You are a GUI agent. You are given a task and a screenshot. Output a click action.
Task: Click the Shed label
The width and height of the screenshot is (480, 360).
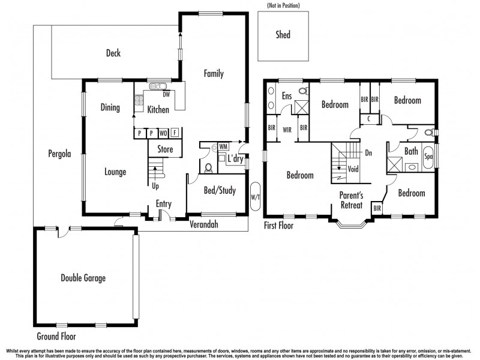pos(283,35)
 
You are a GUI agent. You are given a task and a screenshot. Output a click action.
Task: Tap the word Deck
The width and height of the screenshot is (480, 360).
pos(113,53)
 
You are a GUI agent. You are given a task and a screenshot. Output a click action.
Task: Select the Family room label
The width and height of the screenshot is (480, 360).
pos(214,74)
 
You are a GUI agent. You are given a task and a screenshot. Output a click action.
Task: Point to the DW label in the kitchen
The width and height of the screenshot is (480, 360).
pos(166,94)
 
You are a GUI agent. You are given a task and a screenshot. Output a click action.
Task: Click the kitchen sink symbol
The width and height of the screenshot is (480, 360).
pos(158,86)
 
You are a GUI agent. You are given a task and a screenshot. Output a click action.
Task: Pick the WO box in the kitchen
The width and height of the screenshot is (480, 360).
pos(163,133)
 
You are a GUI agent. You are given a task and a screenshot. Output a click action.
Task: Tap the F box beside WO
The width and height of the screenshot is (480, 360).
pos(175,133)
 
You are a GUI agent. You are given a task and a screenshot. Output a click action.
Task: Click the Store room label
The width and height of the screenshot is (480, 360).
pos(165,149)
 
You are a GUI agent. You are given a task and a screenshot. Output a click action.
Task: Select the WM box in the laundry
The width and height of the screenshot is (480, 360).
pos(223,146)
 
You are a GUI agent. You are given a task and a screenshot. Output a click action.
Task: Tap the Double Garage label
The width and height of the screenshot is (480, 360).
pos(83,278)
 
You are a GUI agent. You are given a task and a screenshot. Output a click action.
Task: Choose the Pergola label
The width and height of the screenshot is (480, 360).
pos(59,154)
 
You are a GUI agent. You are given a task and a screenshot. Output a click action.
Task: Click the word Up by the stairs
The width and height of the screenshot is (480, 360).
pos(156,185)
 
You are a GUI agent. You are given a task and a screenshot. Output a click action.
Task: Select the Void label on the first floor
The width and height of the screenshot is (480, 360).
pos(353,169)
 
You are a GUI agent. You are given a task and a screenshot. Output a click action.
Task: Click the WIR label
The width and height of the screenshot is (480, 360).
pos(287,128)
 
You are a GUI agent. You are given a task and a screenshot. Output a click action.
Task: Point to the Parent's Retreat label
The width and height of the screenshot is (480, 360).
pos(351,200)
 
